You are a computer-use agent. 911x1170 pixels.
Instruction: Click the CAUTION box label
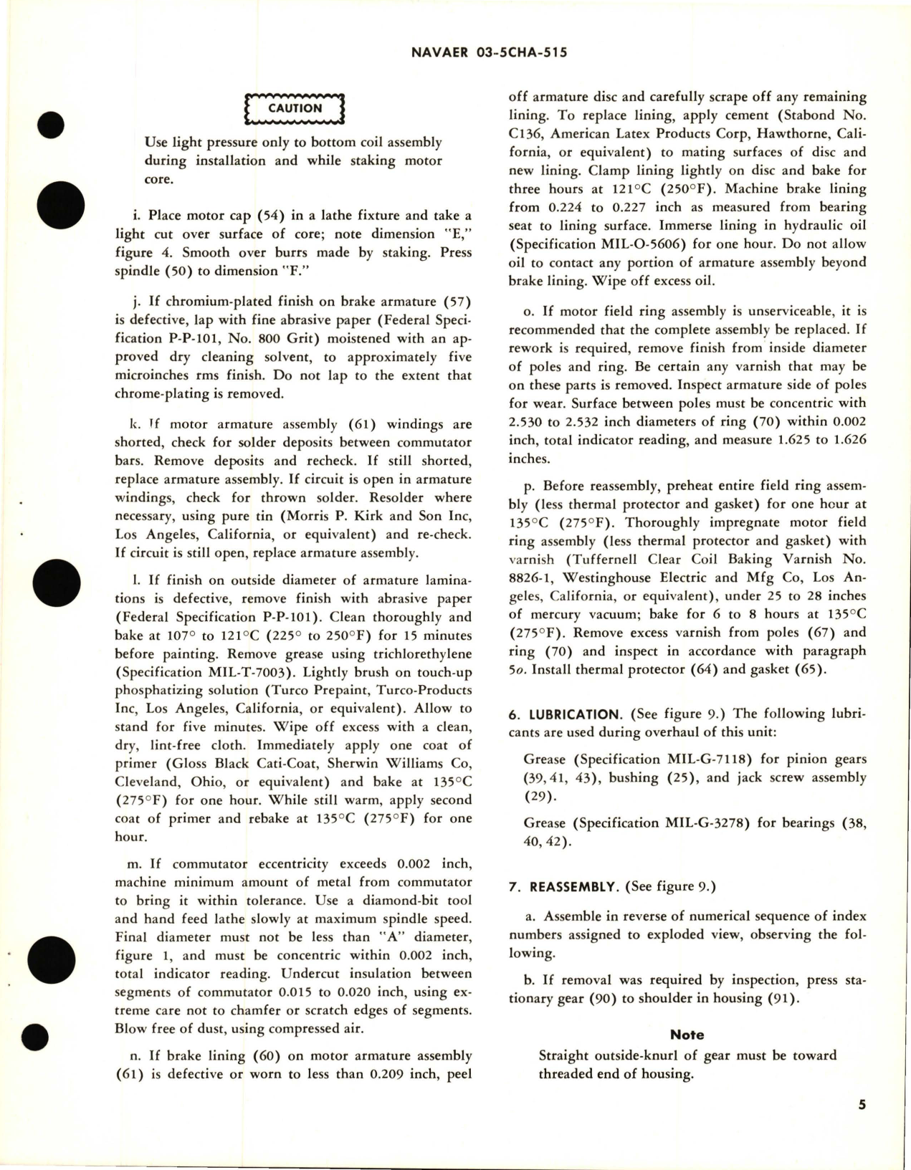(x=295, y=108)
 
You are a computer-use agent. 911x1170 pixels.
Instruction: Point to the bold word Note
(x=687, y=1035)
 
